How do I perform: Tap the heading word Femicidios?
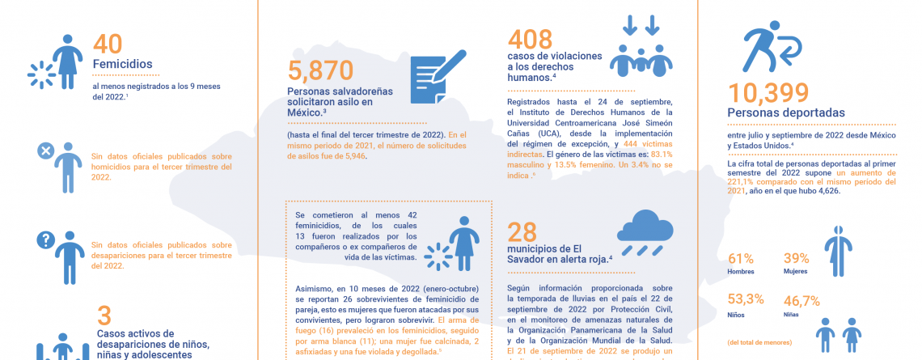123,65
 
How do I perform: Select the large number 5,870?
321,73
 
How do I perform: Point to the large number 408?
530,38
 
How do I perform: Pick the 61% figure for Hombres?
741,259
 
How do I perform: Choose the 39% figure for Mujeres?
796,259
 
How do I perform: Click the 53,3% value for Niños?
745,299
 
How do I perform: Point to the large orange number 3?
104,316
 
